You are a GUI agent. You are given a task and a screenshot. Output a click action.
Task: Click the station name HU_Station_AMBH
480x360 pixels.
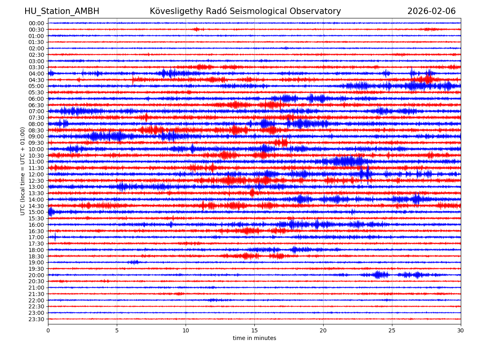[x=62, y=12]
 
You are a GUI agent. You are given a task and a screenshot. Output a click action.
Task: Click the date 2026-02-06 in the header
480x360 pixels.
[x=431, y=12]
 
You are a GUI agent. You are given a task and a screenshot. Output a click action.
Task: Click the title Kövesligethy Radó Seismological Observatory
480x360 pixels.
[x=245, y=12]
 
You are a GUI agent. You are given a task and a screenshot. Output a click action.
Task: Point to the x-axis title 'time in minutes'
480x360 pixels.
[x=254, y=338]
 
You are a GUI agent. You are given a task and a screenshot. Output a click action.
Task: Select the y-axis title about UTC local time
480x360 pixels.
[x=23, y=171]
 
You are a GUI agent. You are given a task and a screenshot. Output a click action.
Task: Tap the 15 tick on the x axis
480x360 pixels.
[x=254, y=330]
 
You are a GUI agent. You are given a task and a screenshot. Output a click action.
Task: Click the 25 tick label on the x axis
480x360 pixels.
[x=392, y=330]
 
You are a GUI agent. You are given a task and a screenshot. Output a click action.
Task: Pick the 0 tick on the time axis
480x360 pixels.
[x=48, y=330]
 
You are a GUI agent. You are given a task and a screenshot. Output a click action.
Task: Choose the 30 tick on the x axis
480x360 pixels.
[x=461, y=330]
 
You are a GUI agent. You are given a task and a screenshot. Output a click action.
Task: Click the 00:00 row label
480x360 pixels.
[x=36, y=23]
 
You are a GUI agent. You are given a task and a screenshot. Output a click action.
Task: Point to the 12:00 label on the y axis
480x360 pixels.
[x=36, y=174]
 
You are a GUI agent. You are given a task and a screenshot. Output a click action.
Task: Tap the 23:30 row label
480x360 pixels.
[x=36, y=319]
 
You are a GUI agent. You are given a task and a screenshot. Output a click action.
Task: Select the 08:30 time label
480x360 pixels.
[x=36, y=130]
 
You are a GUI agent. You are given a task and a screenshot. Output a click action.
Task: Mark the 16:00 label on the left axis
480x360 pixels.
[x=36, y=225]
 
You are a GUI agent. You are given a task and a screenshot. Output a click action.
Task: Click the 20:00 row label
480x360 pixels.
[x=36, y=275]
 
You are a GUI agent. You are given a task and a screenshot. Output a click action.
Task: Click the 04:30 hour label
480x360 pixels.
[x=36, y=80]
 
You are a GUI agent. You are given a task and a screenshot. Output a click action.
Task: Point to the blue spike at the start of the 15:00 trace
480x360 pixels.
[x=50, y=212]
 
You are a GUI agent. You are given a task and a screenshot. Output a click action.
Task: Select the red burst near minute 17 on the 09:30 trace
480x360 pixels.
[x=282, y=142]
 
